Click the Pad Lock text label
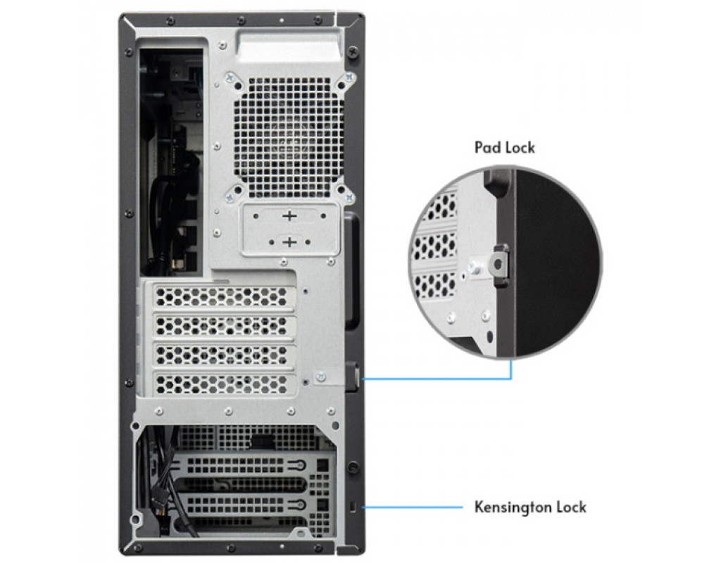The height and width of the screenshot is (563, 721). (x=504, y=148)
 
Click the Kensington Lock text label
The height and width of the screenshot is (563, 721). (x=529, y=507)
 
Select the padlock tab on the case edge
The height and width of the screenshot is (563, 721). (x=354, y=373)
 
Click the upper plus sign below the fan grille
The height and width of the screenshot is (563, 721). (x=289, y=215)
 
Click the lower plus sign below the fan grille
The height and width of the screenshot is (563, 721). (x=289, y=242)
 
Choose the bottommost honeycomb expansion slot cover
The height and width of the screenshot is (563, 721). (x=223, y=383)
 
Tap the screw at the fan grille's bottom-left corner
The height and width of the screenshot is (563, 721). (x=230, y=198)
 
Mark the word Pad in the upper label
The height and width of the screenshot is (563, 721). (x=487, y=148)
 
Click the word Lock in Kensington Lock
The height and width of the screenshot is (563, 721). (x=570, y=507)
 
